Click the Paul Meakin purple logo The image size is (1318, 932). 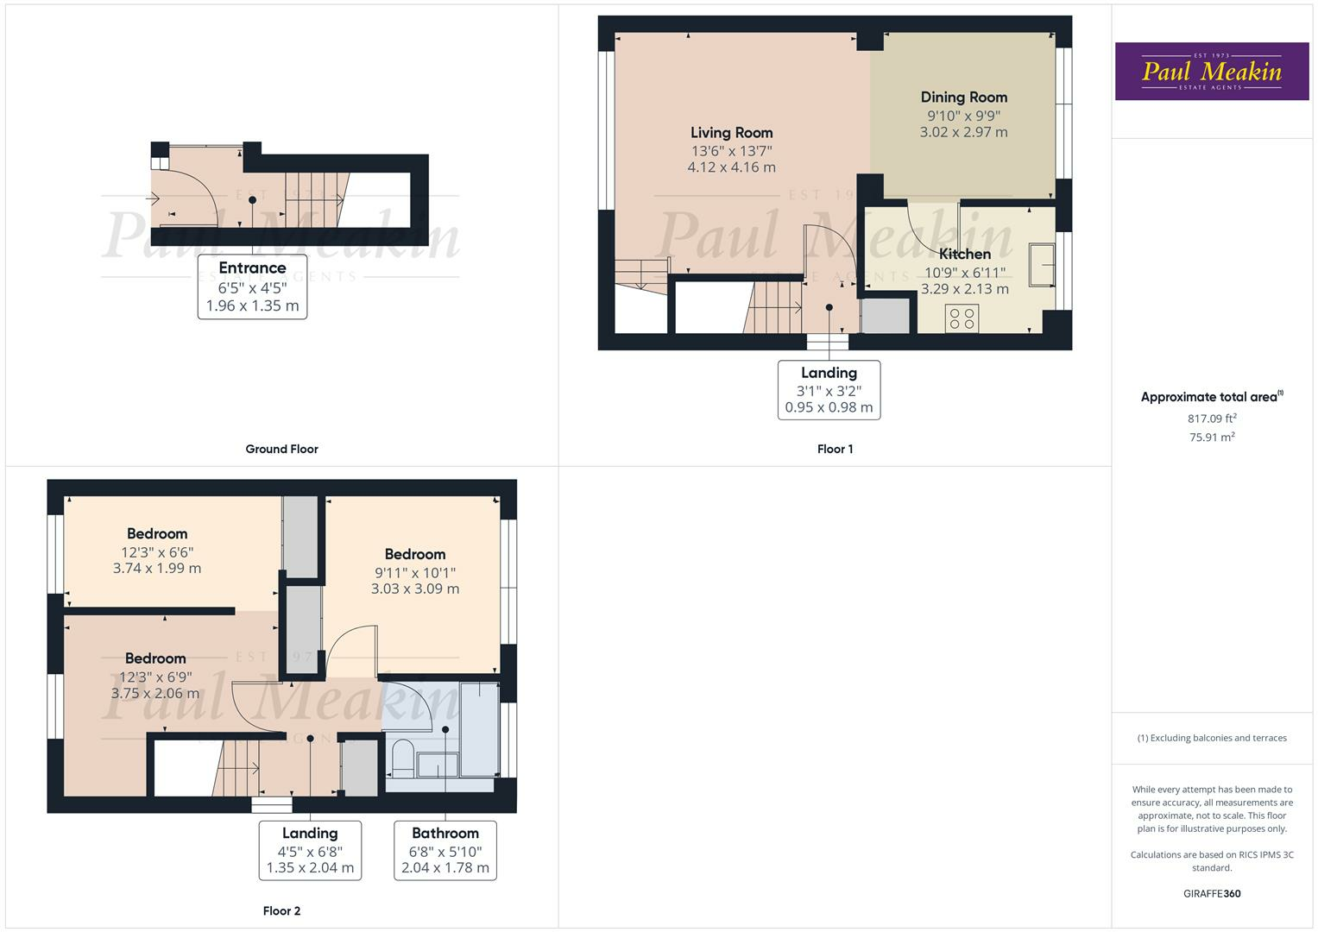pos(1211,72)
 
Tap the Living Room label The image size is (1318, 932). pos(731,133)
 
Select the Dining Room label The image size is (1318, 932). pos(963,98)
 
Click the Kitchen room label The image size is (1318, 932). pos(964,254)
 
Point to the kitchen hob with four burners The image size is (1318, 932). pos(962,318)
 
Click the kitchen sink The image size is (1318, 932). pos(1042,264)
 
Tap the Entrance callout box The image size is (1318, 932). pos(252,287)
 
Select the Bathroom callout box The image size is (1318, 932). pos(445,850)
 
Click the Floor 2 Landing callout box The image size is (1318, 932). pos(310,850)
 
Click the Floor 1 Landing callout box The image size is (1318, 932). pos(829,390)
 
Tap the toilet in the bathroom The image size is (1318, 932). pos(401,758)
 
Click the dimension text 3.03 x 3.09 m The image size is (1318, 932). pos(415,589)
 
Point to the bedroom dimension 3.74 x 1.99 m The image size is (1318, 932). pos(157,569)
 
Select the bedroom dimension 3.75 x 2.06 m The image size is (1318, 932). pos(155,694)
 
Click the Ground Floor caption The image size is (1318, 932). pos(281,449)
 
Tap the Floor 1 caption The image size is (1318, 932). pos(835,449)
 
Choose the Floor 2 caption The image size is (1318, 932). pos(281,910)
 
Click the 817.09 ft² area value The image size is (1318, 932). pos(1212,419)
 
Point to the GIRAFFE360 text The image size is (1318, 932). pos(1212,893)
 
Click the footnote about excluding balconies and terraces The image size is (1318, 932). pos(1212,738)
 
